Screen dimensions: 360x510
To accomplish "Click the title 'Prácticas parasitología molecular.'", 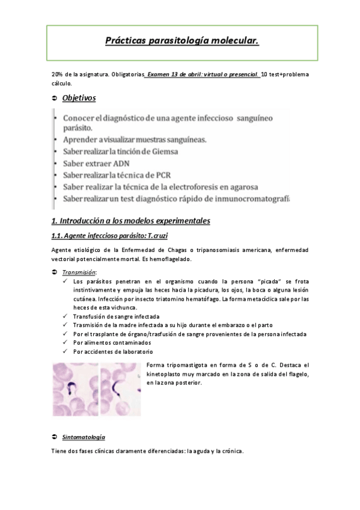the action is point(182,41).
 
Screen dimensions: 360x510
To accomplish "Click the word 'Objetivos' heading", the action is point(79,98).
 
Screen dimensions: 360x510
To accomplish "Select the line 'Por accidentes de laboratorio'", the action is point(113,351).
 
